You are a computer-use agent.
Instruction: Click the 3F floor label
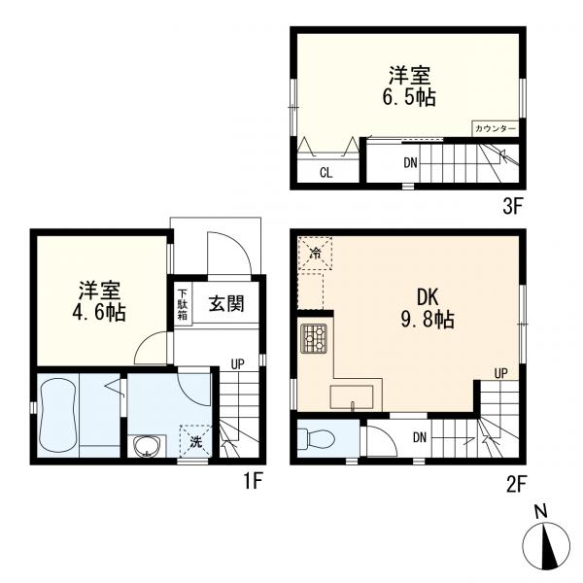[513, 206]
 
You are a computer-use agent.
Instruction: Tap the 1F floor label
[252, 479]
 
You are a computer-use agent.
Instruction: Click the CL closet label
[327, 173]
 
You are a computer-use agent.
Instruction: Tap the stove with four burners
[315, 338]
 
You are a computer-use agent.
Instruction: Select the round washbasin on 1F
[149, 447]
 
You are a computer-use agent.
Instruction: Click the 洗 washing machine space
[197, 442]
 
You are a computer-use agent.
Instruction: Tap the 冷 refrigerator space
[316, 254]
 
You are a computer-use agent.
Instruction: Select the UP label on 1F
[237, 364]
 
